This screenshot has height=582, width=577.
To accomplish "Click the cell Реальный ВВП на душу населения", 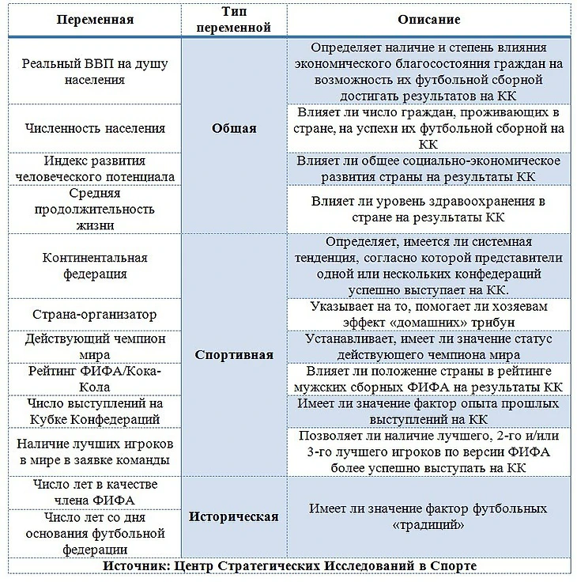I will point(95,71).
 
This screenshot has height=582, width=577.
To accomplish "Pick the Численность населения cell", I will point(95,127).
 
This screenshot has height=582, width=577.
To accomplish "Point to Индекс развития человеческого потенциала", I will point(95,168).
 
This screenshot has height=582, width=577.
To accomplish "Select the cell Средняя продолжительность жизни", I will point(95,209).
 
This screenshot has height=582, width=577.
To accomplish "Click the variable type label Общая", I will point(235,128).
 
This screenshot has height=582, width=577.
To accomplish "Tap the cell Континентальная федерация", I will point(95,266).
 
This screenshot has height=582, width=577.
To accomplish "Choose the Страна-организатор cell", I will point(95,314).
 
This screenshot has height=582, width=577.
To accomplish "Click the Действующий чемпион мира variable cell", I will point(95,346).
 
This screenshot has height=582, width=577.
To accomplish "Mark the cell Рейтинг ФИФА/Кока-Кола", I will point(95,379).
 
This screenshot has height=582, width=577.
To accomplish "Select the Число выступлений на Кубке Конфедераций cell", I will point(95,411).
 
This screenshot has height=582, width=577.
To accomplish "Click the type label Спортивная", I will point(235,354).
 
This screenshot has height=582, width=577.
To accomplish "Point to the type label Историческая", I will point(235,516).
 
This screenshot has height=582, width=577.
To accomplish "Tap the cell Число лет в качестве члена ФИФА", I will point(95,492).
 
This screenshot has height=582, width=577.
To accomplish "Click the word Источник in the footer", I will point(137,566).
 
